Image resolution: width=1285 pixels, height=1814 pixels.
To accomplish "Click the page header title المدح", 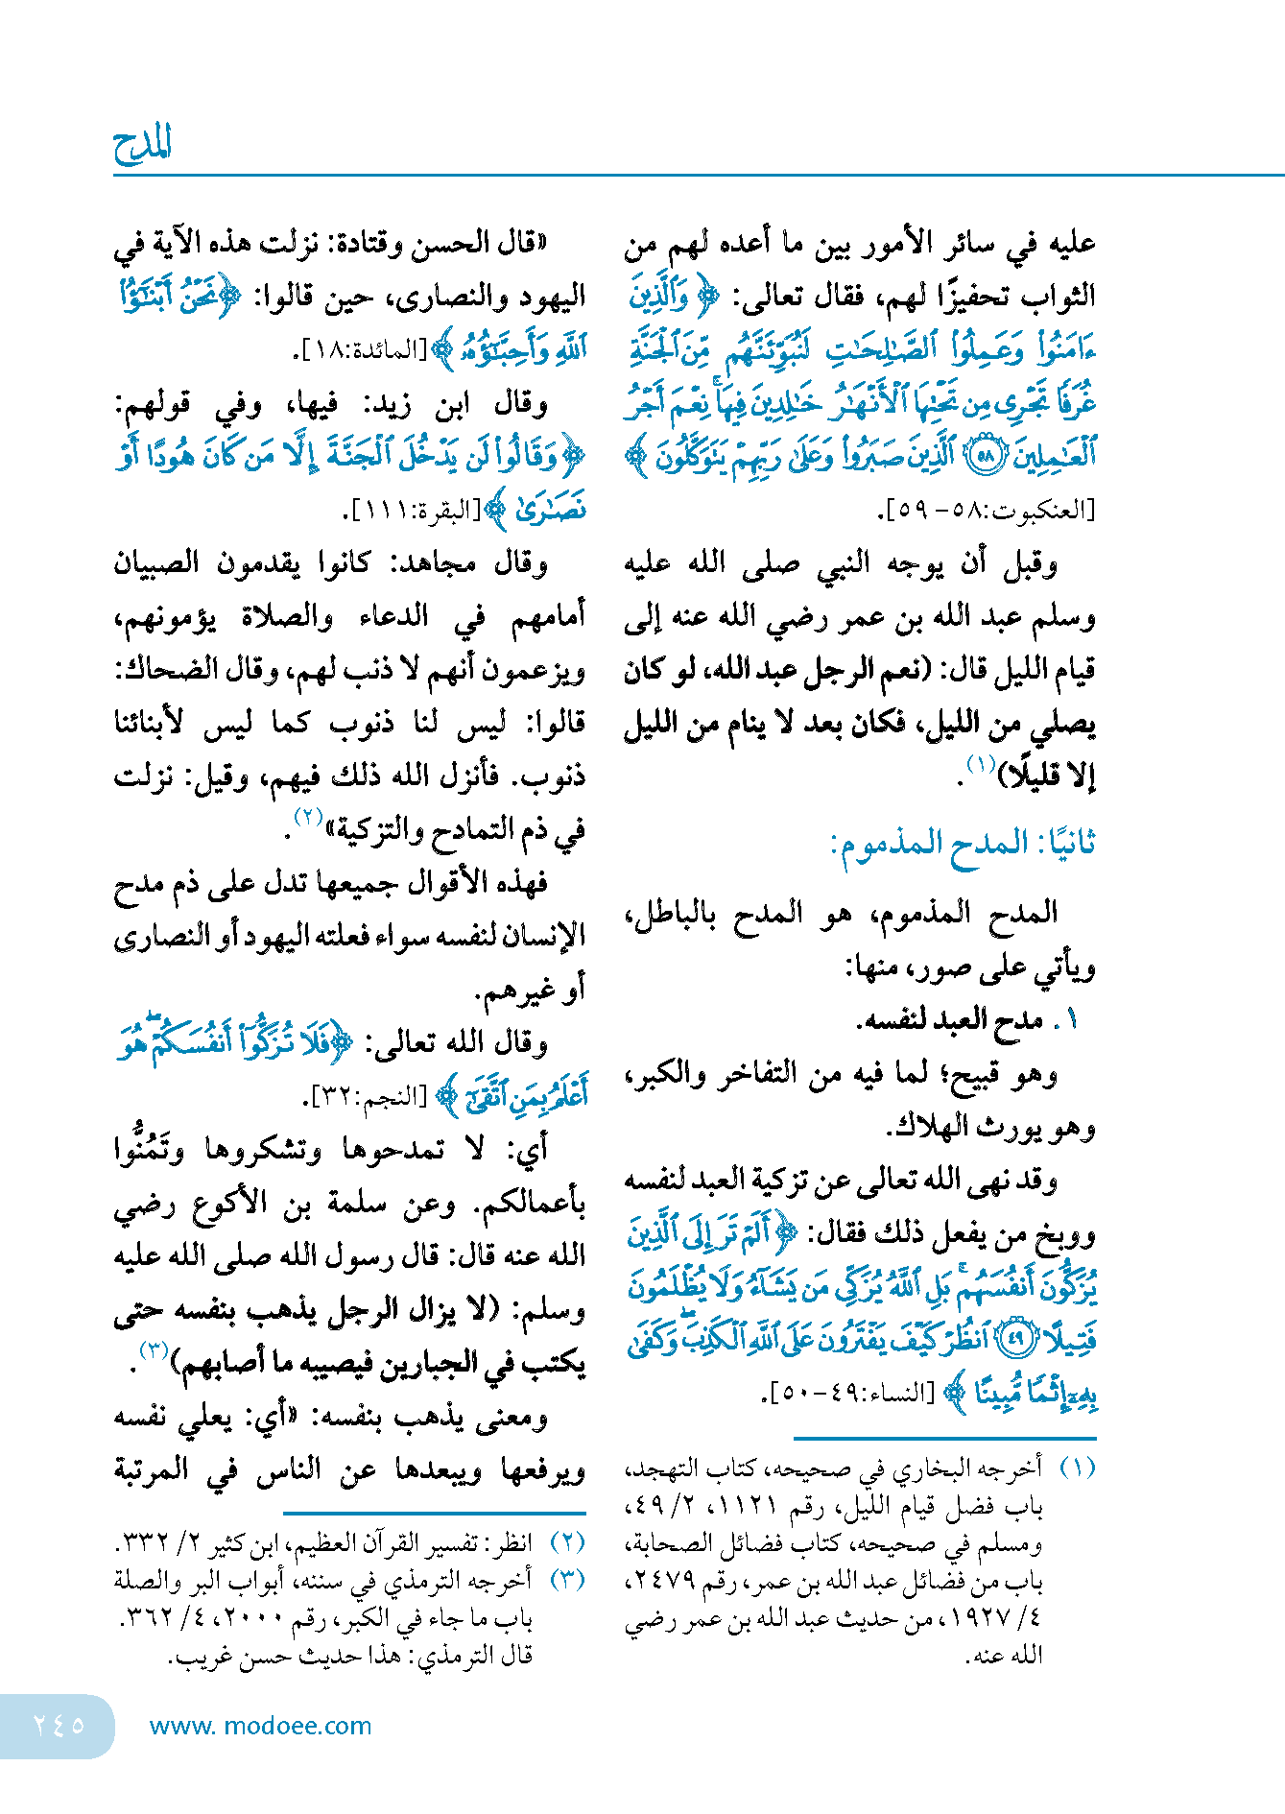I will [x=142, y=146].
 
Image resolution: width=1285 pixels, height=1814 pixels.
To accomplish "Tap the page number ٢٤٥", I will [x=59, y=1725].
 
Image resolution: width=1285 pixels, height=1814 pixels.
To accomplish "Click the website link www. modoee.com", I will [x=260, y=1726].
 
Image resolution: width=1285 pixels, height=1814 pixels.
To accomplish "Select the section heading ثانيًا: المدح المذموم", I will [x=963, y=844].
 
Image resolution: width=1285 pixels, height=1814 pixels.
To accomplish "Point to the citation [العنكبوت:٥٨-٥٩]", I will [x=989, y=510].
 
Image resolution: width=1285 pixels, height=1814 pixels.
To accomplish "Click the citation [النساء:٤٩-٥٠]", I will [x=853, y=1392].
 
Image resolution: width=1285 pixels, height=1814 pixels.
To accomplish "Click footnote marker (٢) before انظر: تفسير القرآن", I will [x=567, y=1542].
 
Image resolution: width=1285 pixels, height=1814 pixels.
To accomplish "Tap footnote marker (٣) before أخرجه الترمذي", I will [x=567, y=1579].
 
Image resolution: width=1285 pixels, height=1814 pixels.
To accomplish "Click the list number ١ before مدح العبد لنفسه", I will [x=1073, y=1020].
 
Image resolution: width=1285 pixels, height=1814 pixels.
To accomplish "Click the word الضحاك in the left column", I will [x=155, y=669].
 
